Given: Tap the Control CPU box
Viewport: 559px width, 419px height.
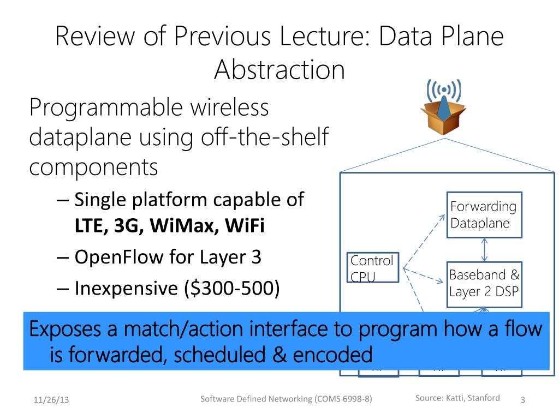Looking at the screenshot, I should coord(372,268).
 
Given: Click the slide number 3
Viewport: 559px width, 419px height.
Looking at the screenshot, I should coord(522,400).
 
